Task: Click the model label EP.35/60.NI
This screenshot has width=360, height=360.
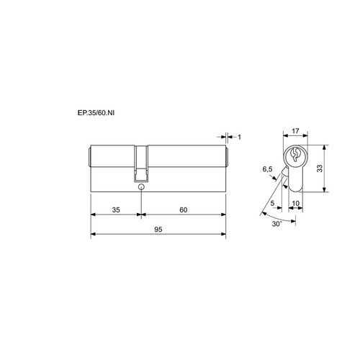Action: pos(96,113)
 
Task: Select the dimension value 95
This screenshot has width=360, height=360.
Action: pos(158,230)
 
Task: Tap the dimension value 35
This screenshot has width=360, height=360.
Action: pos(116,210)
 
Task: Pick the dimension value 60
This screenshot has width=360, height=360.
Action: pos(184,210)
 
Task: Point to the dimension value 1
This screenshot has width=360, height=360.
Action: pos(239,137)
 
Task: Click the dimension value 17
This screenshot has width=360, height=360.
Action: pos(295,131)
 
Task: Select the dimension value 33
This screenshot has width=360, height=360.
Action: pos(320,168)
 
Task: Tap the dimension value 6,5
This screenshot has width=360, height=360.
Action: pos(267,169)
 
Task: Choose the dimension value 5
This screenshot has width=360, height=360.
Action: pos(272,203)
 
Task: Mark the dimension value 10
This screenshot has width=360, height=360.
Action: pos(296,203)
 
